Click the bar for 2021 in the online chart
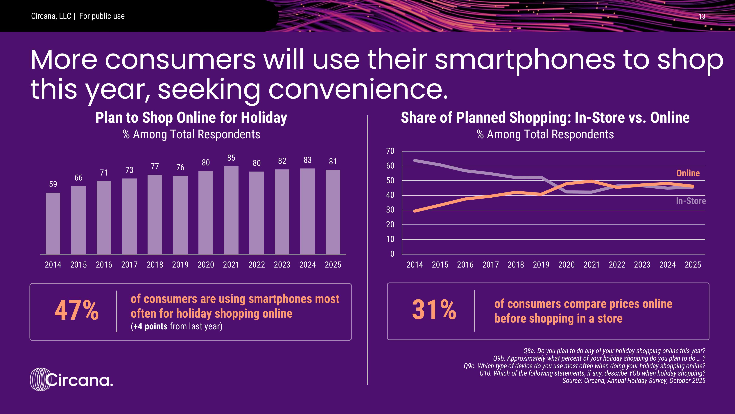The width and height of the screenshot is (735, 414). pyautogui.click(x=231, y=210)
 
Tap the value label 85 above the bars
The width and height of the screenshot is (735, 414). pyautogui.click(x=231, y=158)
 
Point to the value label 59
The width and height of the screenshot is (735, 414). pyautogui.click(x=53, y=184)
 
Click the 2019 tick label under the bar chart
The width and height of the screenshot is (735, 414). pyautogui.click(x=180, y=265)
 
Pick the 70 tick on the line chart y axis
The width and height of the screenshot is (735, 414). pyautogui.click(x=390, y=151)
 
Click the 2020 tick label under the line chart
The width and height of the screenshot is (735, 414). pyautogui.click(x=566, y=265)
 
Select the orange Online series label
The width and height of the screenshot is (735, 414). pyautogui.click(x=688, y=173)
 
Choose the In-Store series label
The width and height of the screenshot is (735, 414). pyautogui.click(x=691, y=201)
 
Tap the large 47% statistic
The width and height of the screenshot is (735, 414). pyautogui.click(x=76, y=311)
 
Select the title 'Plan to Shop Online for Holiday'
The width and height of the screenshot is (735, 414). pyautogui.click(x=191, y=118)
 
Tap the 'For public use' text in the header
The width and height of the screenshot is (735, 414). pyautogui.click(x=102, y=16)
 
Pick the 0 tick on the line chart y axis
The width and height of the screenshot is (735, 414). pyautogui.click(x=392, y=254)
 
